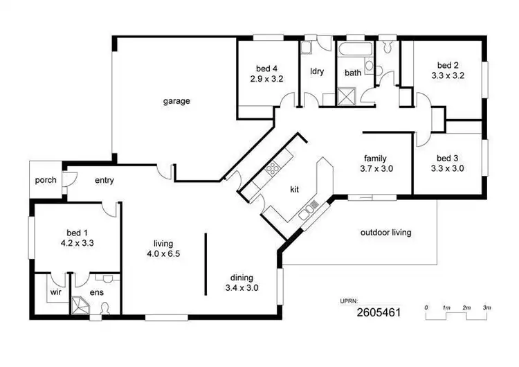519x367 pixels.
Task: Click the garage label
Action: [176, 101]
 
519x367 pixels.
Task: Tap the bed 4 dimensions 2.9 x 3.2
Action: [266, 79]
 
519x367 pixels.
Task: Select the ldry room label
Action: [318, 71]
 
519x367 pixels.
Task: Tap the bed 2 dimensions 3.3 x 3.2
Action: [448, 76]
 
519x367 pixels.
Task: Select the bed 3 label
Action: [448, 157]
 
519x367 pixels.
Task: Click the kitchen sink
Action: [308, 211]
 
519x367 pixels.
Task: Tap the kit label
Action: [295, 188]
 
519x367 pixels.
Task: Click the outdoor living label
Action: [385, 233]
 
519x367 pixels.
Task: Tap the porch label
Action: [46, 181]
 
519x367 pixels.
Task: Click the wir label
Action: [55, 293]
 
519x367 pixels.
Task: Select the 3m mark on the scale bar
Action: [486, 307]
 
